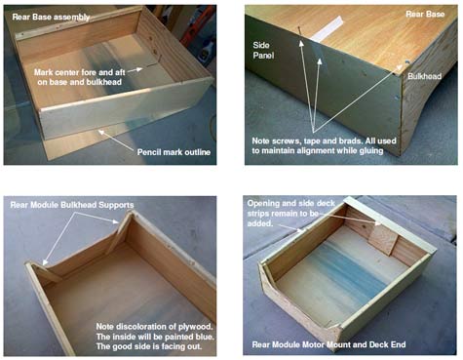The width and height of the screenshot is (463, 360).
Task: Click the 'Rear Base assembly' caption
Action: tap(51, 17)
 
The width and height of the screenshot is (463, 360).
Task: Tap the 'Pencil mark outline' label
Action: tap(174, 152)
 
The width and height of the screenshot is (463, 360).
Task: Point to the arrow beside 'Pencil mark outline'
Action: tap(116, 140)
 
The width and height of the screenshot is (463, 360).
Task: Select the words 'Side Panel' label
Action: tap(263, 51)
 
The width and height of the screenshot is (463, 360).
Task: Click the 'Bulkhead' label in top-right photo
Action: tap(424, 76)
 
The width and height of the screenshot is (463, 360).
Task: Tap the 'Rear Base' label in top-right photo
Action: tap(425, 14)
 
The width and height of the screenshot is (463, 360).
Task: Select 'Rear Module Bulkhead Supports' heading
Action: tap(72, 205)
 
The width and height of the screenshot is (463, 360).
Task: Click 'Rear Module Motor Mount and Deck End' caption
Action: tap(328, 344)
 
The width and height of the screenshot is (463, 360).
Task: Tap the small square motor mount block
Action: tap(383, 239)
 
